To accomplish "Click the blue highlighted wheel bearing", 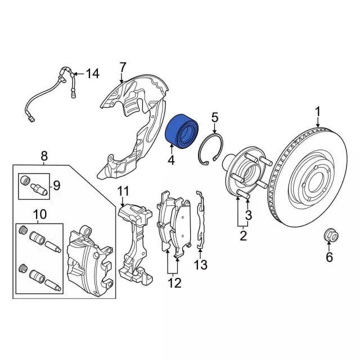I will [182, 130].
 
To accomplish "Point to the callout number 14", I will [92, 73].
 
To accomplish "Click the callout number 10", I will [39, 214].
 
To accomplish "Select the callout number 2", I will [243, 236].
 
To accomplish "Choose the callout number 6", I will [330, 258].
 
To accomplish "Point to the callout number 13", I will [201, 264].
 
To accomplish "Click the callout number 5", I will [214, 118].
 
